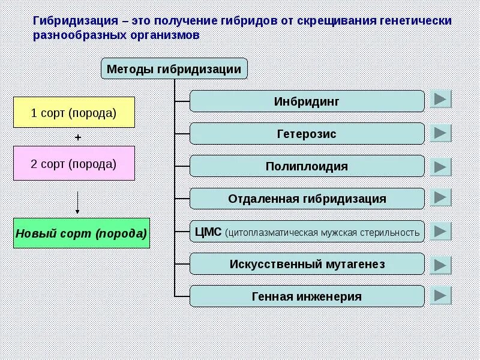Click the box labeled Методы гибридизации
pos(174,69)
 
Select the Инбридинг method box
pos(307,101)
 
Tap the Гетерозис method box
pos(307,134)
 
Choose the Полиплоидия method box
pos(307,166)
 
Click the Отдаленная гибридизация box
pos(307,199)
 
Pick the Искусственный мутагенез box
pos(307,264)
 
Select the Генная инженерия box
pos(307,296)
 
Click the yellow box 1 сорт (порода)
pos(74,112)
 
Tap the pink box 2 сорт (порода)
pos(74,163)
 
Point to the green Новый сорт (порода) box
pos(81,233)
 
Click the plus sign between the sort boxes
pos(77,137)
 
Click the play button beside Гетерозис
pos(441,133)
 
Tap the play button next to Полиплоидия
pos(441,166)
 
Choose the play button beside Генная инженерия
pos(441,295)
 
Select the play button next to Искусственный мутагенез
pos(441,263)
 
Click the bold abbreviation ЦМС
pos(209,231)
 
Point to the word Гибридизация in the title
pos(74,21)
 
